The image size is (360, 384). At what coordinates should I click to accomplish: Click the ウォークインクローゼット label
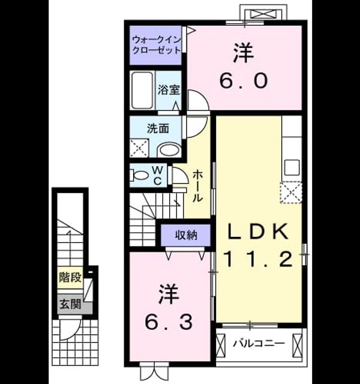(156, 45)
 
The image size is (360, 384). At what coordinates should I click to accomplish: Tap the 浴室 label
(169, 90)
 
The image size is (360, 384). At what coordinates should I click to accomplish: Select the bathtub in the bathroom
(142, 91)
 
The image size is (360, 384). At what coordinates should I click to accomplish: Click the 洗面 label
(158, 128)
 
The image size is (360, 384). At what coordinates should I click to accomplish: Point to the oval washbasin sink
(169, 150)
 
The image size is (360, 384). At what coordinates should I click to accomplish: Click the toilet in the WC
(139, 175)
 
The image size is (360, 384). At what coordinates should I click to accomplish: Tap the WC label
(158, 176)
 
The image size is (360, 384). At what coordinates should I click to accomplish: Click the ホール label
(197, 187)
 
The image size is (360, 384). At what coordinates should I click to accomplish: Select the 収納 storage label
(186, 235)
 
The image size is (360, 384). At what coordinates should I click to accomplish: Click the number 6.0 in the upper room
(244, 81)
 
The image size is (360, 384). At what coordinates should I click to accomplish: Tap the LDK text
(258, 232)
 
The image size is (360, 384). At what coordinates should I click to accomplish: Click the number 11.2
(258, 259)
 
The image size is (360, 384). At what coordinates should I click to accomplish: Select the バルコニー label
(259, 343)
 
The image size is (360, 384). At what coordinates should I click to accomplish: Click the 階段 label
(70, 277)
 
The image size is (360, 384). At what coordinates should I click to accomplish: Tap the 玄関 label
(71, 304)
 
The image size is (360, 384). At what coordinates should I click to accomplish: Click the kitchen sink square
(292, 167)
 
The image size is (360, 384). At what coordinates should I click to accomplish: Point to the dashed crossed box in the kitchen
(291, 192)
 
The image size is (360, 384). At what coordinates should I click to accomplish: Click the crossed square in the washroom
(139, 148)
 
